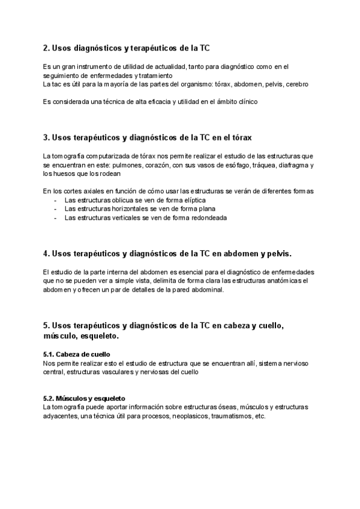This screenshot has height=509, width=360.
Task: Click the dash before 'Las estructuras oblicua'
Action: [x=56, y=200]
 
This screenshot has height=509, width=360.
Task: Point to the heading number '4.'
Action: [x=47, y=254]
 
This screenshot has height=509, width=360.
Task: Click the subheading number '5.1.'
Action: [x=50, y=354]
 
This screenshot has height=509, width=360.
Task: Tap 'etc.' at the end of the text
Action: [x=259, y=416]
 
